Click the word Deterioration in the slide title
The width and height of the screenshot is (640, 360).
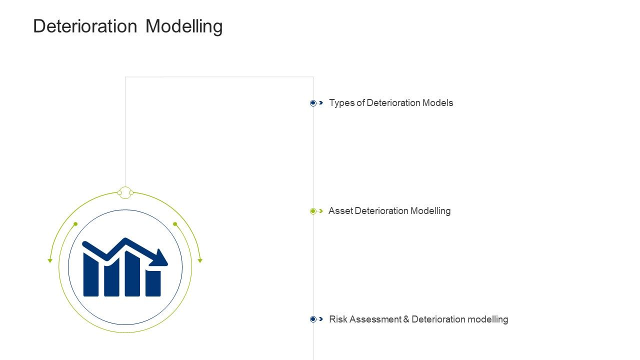(x=85, y=26)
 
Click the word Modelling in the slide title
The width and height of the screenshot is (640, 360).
(x=184, y=26)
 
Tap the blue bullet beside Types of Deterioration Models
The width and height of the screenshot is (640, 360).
(x=313, y=103)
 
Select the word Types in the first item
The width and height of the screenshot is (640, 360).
(x=341, y=103)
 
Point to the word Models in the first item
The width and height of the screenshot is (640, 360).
(x=437, y=103)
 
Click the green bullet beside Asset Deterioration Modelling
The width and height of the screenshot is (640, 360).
(x=313, y=211)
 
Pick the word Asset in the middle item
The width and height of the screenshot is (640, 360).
(x=340, y=211)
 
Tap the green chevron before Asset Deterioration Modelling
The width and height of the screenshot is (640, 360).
(x=321, y=211)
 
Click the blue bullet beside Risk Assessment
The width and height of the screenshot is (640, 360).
(x=313, y=319)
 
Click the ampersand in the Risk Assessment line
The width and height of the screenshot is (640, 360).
(x=406, y=319)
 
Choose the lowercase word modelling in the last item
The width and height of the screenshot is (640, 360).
(x=487, y=319)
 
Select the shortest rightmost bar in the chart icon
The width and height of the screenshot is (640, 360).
(x=153, y=283)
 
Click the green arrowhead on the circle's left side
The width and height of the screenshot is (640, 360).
(x=50, y=260)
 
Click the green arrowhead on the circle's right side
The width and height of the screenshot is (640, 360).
(x=200, y=260)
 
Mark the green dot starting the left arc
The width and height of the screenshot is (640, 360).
(x=75, y=224)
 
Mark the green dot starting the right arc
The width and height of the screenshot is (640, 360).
(x=175, y=224)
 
